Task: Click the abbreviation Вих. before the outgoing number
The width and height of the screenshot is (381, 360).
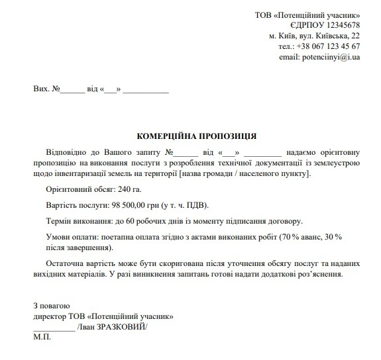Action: [x=41, y=89]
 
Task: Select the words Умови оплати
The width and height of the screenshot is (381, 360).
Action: [x=69, y=237]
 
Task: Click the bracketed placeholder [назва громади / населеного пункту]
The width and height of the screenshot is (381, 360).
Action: [x=243, y=173]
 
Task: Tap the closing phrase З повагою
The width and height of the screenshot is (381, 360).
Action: [x=51, y=306]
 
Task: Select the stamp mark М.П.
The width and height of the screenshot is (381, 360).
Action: [x=41, y=337]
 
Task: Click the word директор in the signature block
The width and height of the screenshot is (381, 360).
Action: [x=51, y=316]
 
